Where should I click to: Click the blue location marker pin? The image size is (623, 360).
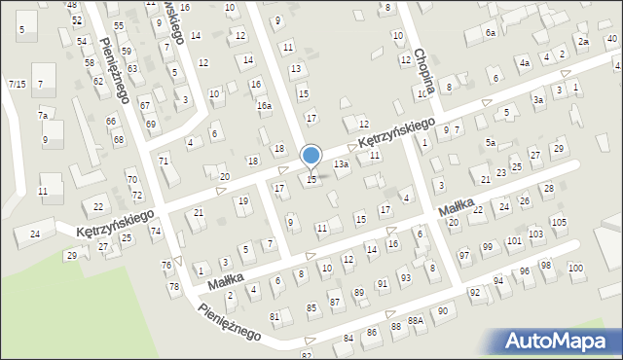(311, 155)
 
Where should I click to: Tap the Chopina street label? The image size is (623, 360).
(422, 69)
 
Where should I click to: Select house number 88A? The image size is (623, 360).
(416, 320)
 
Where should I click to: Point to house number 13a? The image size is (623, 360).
(341, 165)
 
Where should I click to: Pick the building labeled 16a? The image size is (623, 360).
(264, 105)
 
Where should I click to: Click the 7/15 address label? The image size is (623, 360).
(17, 85)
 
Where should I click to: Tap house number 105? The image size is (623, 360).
(558, 223)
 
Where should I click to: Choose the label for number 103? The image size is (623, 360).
(535, 234)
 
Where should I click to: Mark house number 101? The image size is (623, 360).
(513, 240)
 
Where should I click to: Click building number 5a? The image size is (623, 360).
(492, 143)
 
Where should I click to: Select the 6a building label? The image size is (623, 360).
(491, 33)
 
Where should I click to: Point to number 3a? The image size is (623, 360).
(537, 99)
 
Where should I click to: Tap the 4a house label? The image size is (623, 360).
(524, 63)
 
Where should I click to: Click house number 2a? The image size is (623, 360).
(583, 42)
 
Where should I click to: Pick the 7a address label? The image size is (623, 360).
(43, 115)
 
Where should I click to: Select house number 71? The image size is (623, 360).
(164, 160)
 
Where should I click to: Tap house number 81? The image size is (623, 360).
(275, 316)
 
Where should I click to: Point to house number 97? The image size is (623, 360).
(464, 255)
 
